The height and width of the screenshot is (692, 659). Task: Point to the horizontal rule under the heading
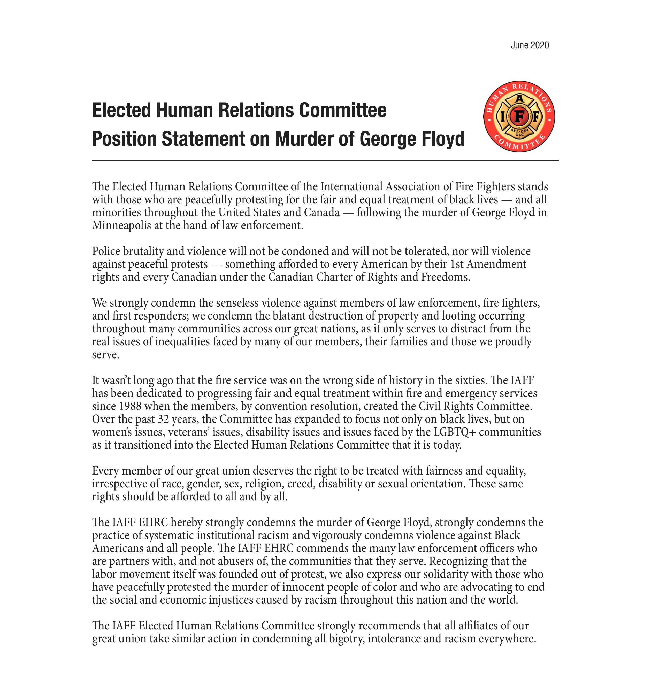tap(325, 160)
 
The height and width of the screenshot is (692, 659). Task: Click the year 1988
tap(130, 406)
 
